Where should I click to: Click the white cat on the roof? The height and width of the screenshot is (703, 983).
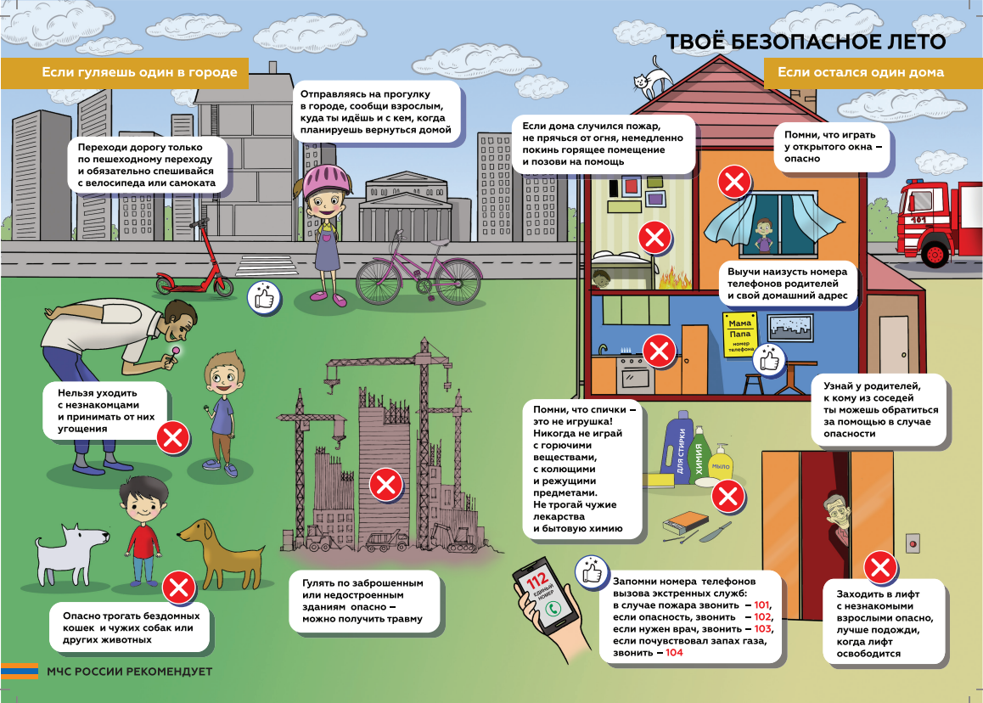(652, 78)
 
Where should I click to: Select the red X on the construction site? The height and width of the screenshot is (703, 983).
(385, 485)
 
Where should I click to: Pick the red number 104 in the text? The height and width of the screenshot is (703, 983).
(674, 653)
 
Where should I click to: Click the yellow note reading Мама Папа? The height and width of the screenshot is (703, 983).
(740, 335)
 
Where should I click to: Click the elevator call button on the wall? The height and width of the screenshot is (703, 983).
(913, 543)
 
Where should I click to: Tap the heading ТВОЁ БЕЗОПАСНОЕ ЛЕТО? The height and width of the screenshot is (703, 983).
(806, 42)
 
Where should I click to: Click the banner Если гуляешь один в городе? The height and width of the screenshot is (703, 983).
(139, 72)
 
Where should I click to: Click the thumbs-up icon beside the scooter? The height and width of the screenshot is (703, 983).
(264, 297)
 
